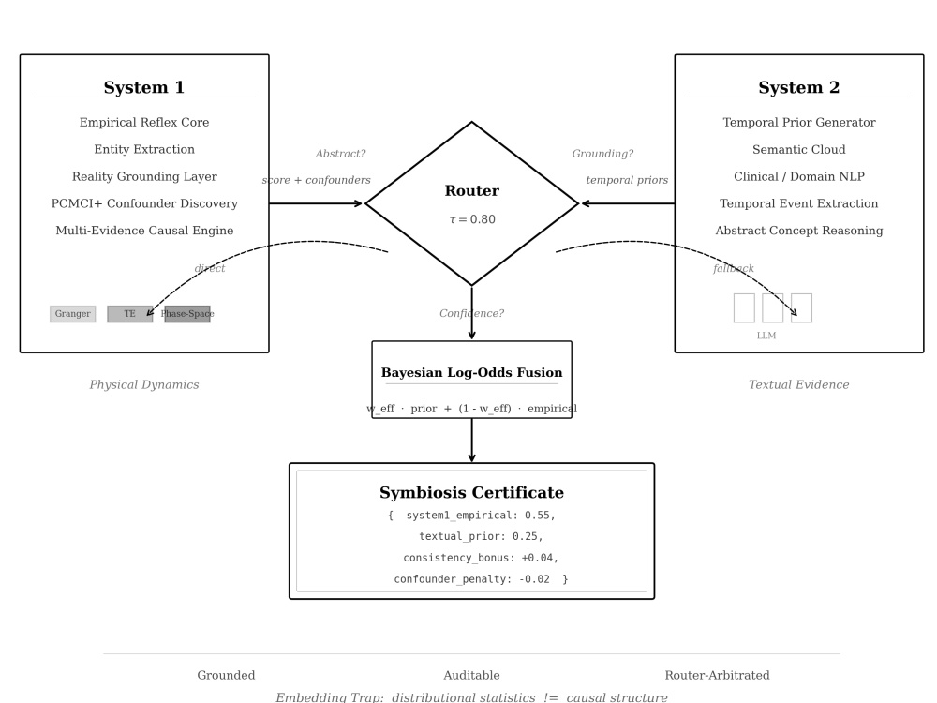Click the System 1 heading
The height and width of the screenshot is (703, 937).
(x=144, y=87)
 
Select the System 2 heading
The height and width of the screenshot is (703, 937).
(x=799, y=87)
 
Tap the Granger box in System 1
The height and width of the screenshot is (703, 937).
(x=72, y=314)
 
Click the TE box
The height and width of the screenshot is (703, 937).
(x=129, y=314)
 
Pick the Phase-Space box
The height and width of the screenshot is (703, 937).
(x=187, y=314)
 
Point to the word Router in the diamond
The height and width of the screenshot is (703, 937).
(x=471, y=190)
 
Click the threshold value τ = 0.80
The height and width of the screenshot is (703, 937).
(x=472, y=219)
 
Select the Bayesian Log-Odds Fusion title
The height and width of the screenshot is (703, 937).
(x=471, y=372)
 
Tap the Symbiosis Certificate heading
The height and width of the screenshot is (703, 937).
(x=471, y=493)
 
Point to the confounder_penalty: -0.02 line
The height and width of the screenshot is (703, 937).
(x=471, y=579)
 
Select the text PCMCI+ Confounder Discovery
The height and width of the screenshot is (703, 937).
(x=144, y=203)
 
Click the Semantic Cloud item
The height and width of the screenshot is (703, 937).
(x=799, y=149)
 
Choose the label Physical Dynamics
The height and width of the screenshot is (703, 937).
(x=144, y=384)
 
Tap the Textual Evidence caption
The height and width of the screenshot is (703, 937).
(x=799, y=384)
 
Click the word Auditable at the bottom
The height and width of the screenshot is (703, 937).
(x=471, y=675)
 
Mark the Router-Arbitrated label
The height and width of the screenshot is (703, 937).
(x=717, y=675)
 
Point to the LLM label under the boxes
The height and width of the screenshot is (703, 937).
(x=766, y=336)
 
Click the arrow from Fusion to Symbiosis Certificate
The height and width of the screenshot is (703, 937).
(x=471, y=440)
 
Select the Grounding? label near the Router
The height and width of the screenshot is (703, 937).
(x=602, y=154)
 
